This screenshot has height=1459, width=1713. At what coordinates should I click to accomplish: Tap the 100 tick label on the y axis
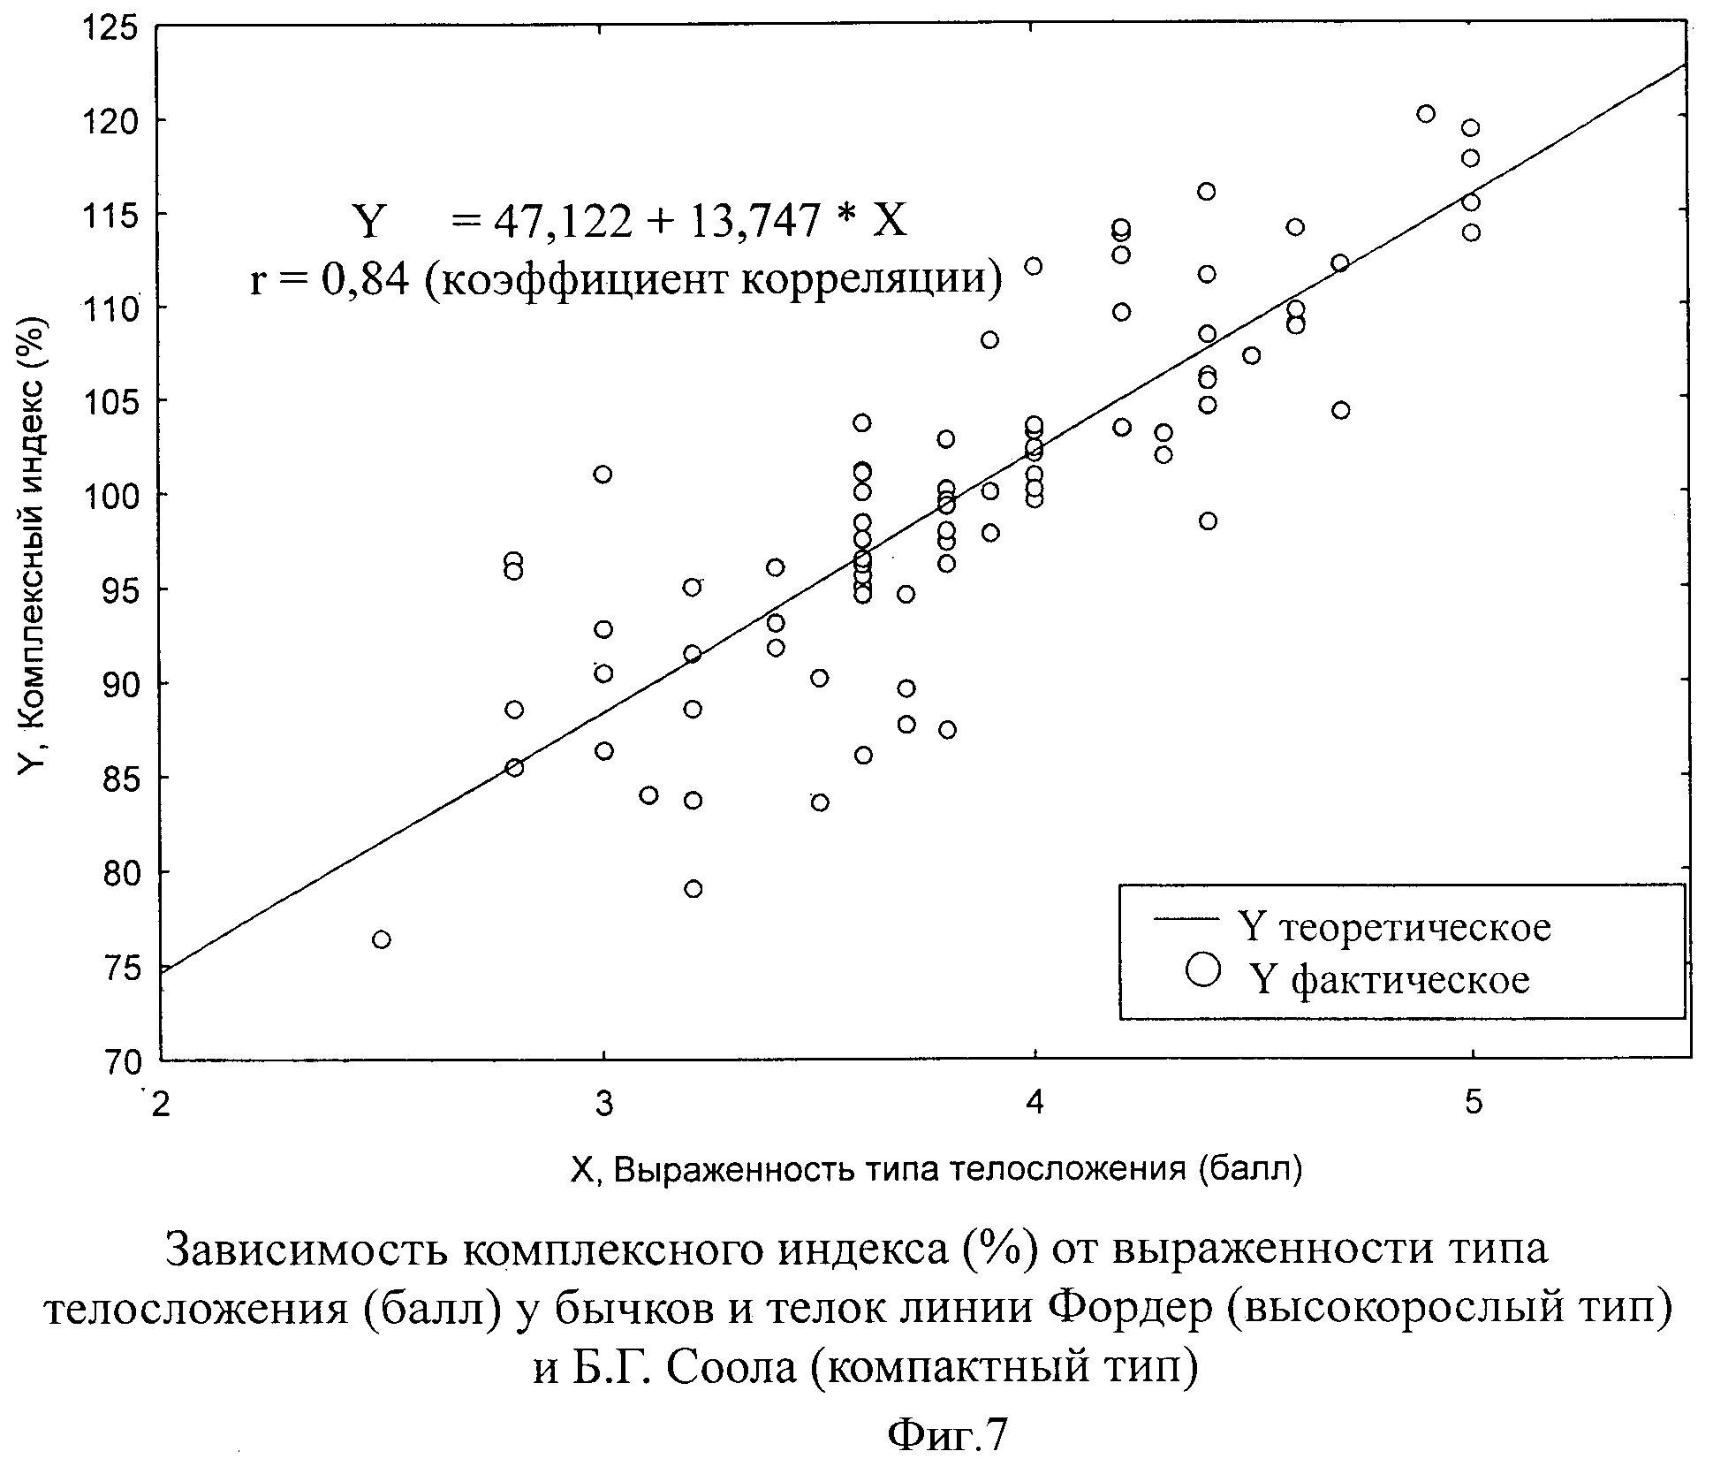(x=113, y=496)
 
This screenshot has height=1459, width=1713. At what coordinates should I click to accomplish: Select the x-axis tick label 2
(x=161, y=1106)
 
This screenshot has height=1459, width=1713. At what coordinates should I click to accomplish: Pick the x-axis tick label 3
(x=603, y=1104)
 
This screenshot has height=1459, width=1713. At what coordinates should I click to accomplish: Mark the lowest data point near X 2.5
(x=381, y=939)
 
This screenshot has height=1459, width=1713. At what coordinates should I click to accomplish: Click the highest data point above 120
(x=1425, y=114)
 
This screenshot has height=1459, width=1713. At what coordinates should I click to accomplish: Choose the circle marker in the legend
(x=1203, y=969)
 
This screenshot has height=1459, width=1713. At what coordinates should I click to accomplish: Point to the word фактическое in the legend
(x=1410, y=980)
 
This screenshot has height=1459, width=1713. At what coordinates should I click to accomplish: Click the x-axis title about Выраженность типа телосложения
(x=936, y=1169)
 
